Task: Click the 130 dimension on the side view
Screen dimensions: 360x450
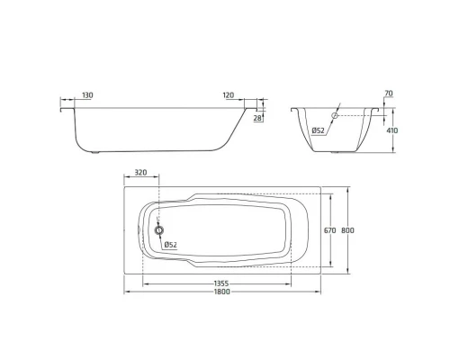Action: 87,94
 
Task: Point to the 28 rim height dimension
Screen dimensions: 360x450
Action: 257,118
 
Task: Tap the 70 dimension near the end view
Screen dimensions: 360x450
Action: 389,94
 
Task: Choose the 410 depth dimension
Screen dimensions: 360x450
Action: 392,130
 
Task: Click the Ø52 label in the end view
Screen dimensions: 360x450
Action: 319,131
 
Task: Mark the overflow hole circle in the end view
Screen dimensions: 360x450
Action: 334,116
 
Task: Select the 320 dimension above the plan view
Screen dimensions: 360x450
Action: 141,171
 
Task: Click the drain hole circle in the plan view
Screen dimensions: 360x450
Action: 160,230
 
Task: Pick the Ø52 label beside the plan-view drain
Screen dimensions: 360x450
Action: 169,246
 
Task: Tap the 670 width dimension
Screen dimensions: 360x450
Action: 329,231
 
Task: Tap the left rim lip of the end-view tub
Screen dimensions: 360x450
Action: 295,112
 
